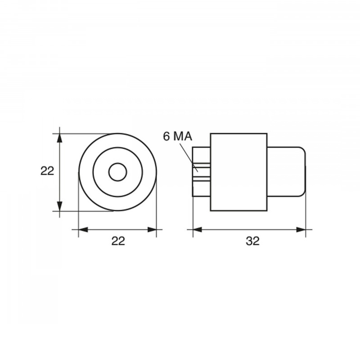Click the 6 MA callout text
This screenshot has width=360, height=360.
[177, 136]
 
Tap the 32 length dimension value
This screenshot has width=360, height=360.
[252, 241]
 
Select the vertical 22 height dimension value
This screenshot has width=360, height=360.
[47, 171]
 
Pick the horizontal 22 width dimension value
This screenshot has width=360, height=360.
[118, 241]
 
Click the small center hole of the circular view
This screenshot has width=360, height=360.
[117, 172]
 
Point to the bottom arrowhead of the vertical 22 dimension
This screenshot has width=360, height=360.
[59, 206]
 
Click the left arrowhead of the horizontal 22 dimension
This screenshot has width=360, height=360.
[83, 229]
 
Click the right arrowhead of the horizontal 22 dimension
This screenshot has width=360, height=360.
[152, 229]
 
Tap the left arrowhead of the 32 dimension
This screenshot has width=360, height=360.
[197, 229]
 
